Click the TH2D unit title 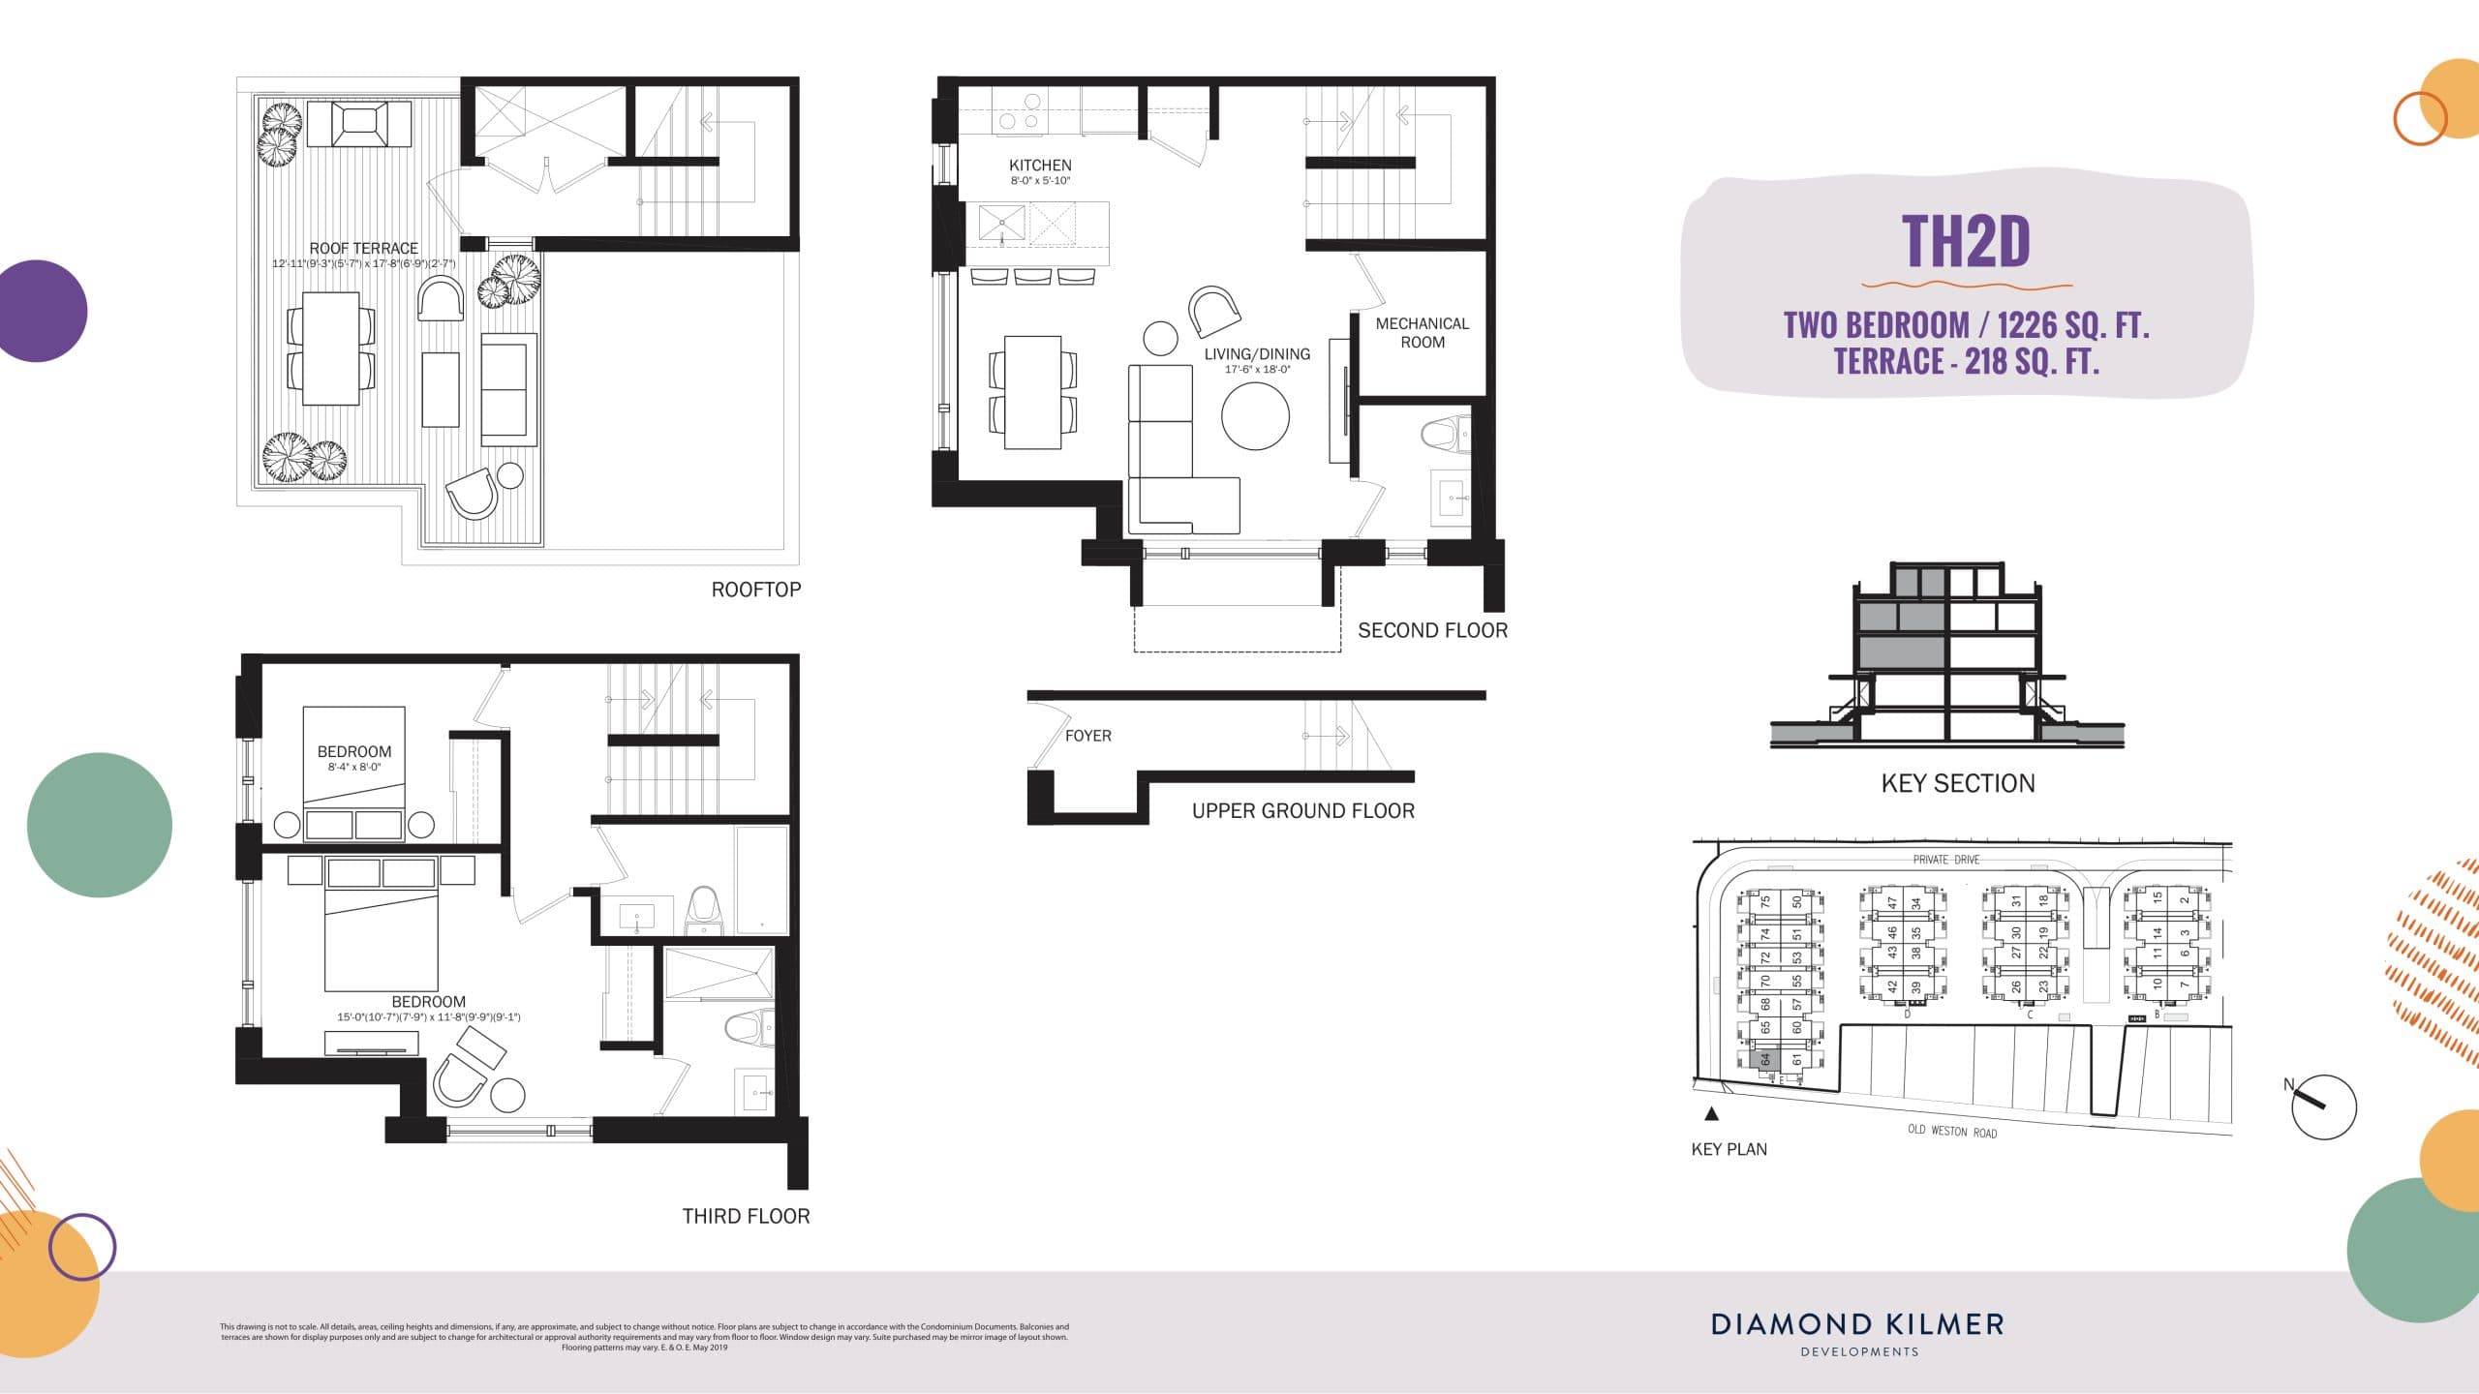1966,241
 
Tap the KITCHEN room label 1040,166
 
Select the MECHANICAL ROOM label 1422,332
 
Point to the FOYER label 1087,736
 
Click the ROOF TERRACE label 363,249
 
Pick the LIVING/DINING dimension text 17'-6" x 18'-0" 1257,370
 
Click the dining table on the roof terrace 331,348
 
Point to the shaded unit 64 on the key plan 1764,1060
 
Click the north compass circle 2324,1106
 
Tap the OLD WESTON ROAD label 1951,1131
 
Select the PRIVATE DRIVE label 1945,860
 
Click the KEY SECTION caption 1957,783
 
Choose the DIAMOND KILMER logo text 1857,1324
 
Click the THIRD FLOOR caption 746,1216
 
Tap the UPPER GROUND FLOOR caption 1302,811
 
